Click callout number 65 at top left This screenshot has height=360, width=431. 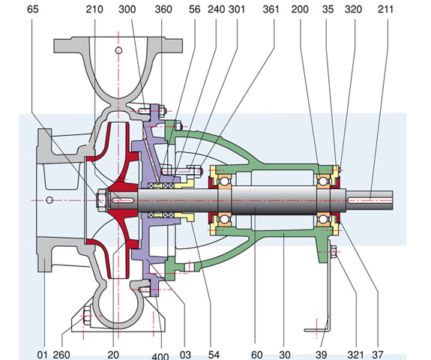33,9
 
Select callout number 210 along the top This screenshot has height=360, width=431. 94,9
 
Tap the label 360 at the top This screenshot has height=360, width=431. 163,9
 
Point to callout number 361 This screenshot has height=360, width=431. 271,9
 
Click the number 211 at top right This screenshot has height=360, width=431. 385,9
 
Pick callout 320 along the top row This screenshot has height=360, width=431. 353,9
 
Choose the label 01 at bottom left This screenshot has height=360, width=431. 42,355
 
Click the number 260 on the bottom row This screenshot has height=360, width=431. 61,355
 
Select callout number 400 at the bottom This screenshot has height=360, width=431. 160,356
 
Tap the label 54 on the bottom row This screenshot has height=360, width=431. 214,355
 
